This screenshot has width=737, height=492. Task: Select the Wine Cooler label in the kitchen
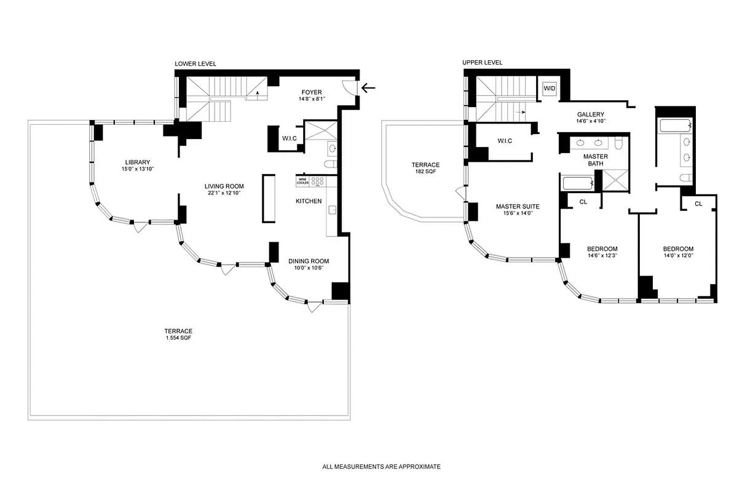pyautogui.click(x=302, y=181)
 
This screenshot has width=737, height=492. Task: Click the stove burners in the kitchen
pyautogui.click(x=317, y=181)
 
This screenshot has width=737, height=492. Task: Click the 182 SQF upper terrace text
pyautogui.click(x=425, y=172)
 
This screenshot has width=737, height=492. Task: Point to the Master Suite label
pyautogui.click(x=517, y=207)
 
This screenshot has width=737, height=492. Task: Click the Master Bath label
pyautogui.click(x=595, y=160)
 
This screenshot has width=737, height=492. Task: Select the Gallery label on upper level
pyautogui.click(x=590, y=114)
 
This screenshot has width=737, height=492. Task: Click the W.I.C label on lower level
pyautogui.click(x=289, y=138)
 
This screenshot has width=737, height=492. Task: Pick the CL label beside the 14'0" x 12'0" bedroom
pyautogui.click(x=698, y=204)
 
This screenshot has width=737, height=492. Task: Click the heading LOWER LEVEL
pyautogui.click(x=195, y=64)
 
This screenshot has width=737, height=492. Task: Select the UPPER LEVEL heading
pyautogui.click(x=483, y=63)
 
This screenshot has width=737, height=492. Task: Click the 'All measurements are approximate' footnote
pyautogui.click(x=381, y=467)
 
